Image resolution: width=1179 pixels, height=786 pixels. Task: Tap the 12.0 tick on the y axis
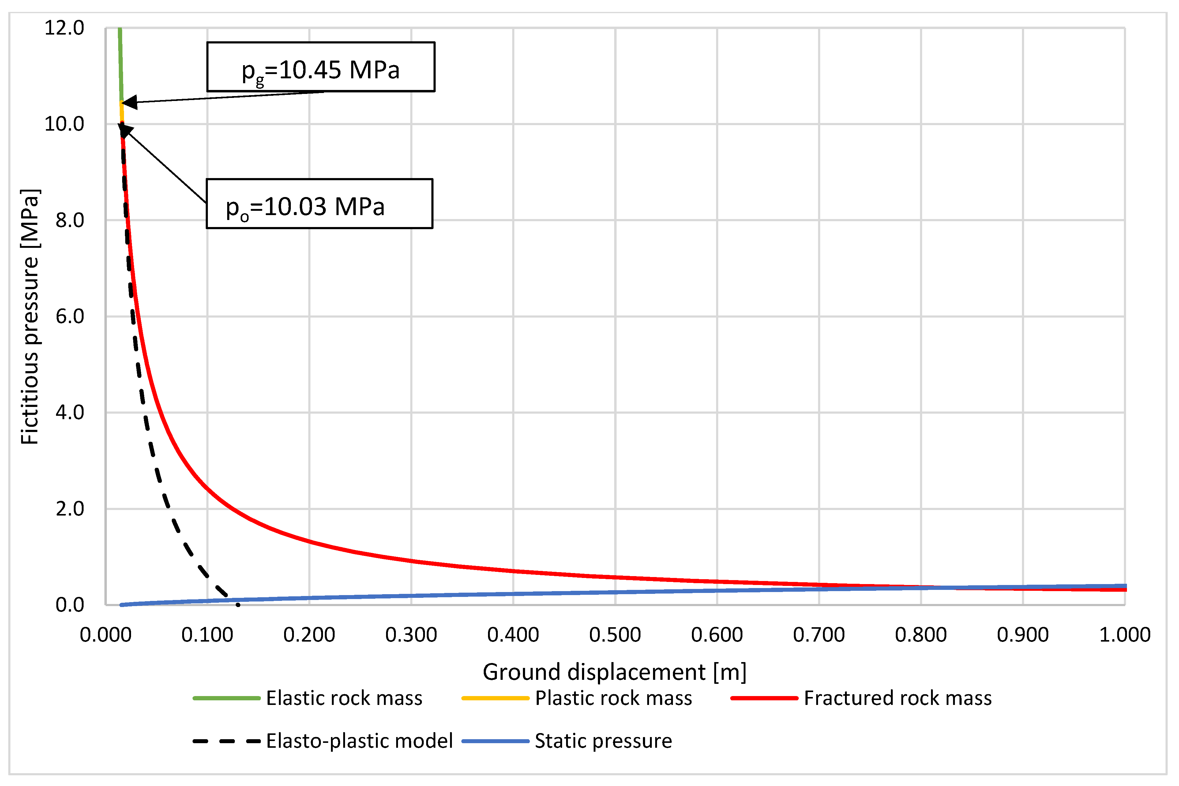(64, 28)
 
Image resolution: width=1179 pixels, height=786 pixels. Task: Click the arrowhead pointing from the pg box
(128, 102)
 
